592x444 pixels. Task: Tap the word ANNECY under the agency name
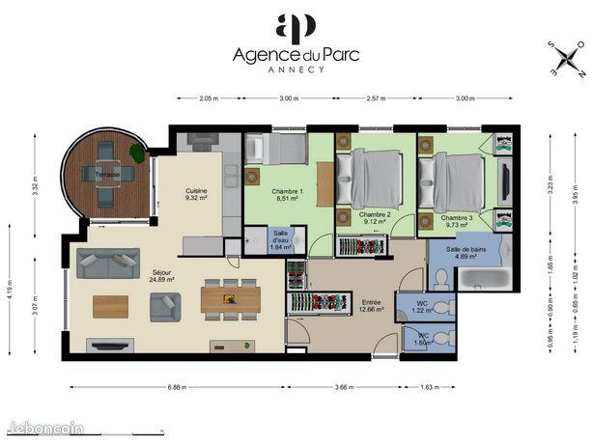coord(296,70)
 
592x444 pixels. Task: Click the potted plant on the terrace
coord(139,153)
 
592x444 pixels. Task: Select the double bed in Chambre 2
coord(375,177)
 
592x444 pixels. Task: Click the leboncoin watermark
coord(44,428)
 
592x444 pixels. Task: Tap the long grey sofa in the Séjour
coord(108,263)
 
